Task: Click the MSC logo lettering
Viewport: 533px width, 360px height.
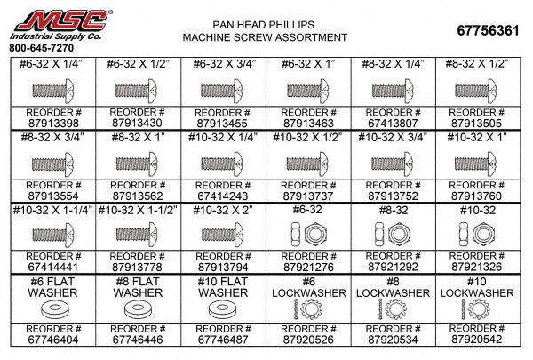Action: (62, 21)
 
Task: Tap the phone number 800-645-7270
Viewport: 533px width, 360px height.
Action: (41, 48)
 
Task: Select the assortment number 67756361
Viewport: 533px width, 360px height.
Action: (488, 30)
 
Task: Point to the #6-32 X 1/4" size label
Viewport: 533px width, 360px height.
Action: (52, 64)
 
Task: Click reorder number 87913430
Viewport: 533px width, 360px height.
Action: (137, 124)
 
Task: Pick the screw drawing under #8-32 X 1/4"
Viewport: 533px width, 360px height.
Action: (393, 91)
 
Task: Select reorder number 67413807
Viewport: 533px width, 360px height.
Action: (393, 124)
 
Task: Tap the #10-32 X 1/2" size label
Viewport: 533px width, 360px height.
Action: (307, 138)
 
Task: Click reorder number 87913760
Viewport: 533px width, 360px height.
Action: (476, 196)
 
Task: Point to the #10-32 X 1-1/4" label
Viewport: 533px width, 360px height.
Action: (52, 211)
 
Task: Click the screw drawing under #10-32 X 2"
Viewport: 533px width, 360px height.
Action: (222, 235)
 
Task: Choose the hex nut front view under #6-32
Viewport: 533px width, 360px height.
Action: (315, 234)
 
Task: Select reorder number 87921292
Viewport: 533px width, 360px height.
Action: (393, 267)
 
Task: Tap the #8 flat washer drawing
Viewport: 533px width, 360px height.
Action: (138, 309)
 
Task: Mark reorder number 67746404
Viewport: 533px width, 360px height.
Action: (53, 340)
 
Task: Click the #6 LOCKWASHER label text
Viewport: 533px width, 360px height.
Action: (308, 287)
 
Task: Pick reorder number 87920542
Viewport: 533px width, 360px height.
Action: (476, 340)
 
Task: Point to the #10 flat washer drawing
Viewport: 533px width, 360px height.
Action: (223, 309)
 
